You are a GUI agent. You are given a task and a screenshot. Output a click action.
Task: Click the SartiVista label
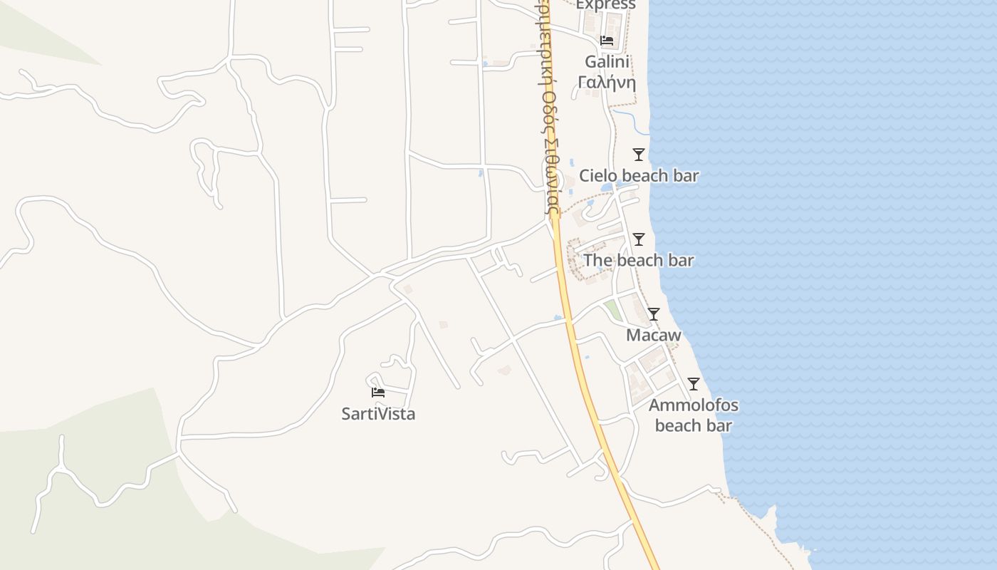[x=378, y=414]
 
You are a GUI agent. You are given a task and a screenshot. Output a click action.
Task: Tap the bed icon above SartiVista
[x=378, y=393]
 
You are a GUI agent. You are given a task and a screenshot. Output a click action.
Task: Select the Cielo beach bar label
[x=639, y=176]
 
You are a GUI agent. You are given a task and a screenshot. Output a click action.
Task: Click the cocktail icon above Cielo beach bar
[x=639, y=155]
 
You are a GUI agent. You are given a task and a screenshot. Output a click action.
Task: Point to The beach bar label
[x=639, y=261]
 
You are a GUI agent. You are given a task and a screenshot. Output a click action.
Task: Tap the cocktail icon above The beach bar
[x=639, y=239]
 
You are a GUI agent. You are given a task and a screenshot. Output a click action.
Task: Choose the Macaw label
[x=653, y=335]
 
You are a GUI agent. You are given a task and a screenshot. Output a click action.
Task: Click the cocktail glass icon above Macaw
[x=653, y=314]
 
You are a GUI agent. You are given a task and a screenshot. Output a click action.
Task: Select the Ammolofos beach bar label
[x=693, y=415]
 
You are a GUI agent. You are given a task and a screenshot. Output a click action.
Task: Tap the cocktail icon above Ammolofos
[x=693, y=384]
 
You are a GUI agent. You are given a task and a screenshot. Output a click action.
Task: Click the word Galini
[x=606, y=61]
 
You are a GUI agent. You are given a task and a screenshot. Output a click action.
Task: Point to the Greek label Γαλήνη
[x=606, y=81]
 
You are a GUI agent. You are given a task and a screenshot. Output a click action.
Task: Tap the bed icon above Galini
[x=606, y=41]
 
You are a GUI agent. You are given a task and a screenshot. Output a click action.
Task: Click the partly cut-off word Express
[x=605, y=5]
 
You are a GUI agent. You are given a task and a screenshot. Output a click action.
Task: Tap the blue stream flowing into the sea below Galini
[x=630, y=120]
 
